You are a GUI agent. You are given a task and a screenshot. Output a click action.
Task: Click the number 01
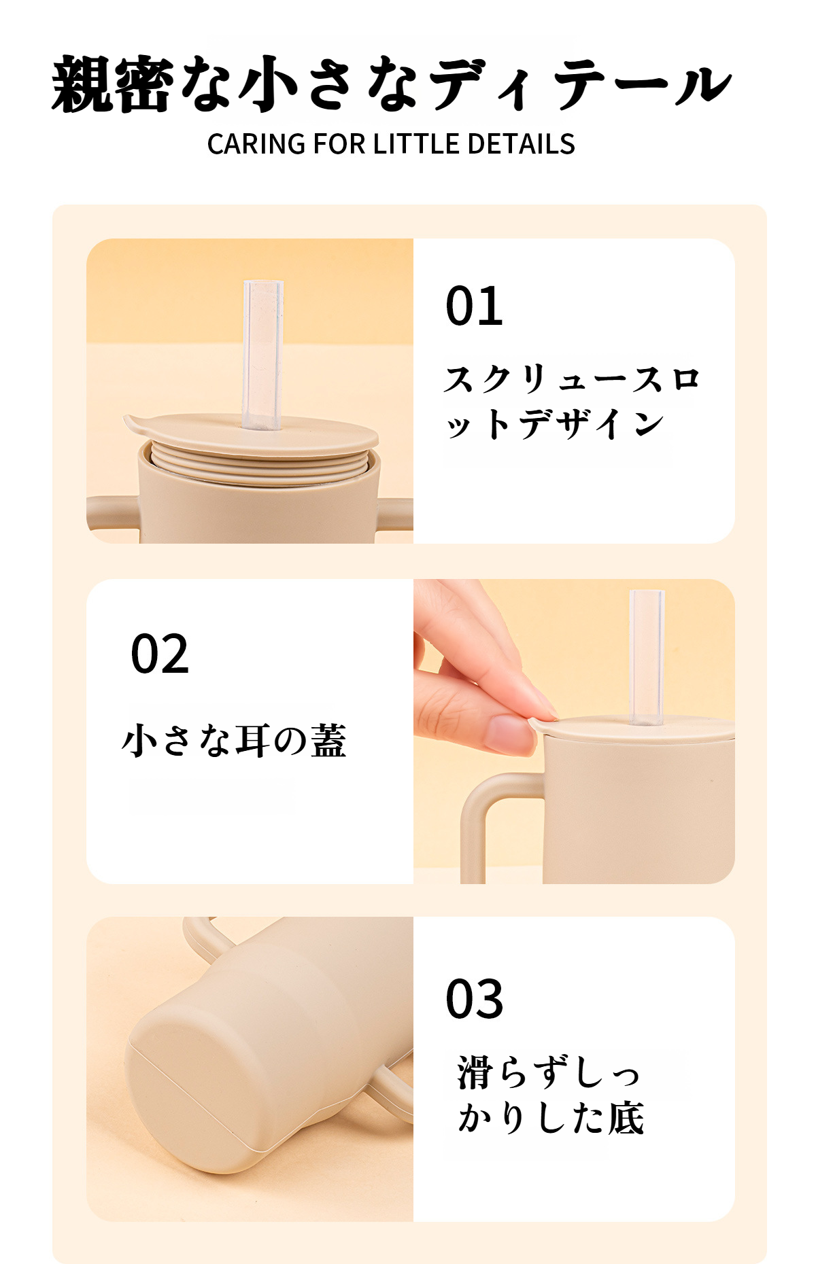click(x=474, y=306)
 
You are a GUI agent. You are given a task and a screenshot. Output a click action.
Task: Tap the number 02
click(x=160, y=654)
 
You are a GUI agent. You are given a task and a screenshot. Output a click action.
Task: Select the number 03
click(x=474, y=999)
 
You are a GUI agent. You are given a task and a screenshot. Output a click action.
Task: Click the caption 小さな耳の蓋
click(x=235, y=740)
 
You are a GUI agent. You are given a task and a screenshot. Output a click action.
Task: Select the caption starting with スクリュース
click(x=571, y=401)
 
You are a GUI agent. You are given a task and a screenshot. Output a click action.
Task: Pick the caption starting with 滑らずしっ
click(x=551, y=1096)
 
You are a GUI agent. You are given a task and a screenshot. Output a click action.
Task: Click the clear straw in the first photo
click(x=262, y=355)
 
